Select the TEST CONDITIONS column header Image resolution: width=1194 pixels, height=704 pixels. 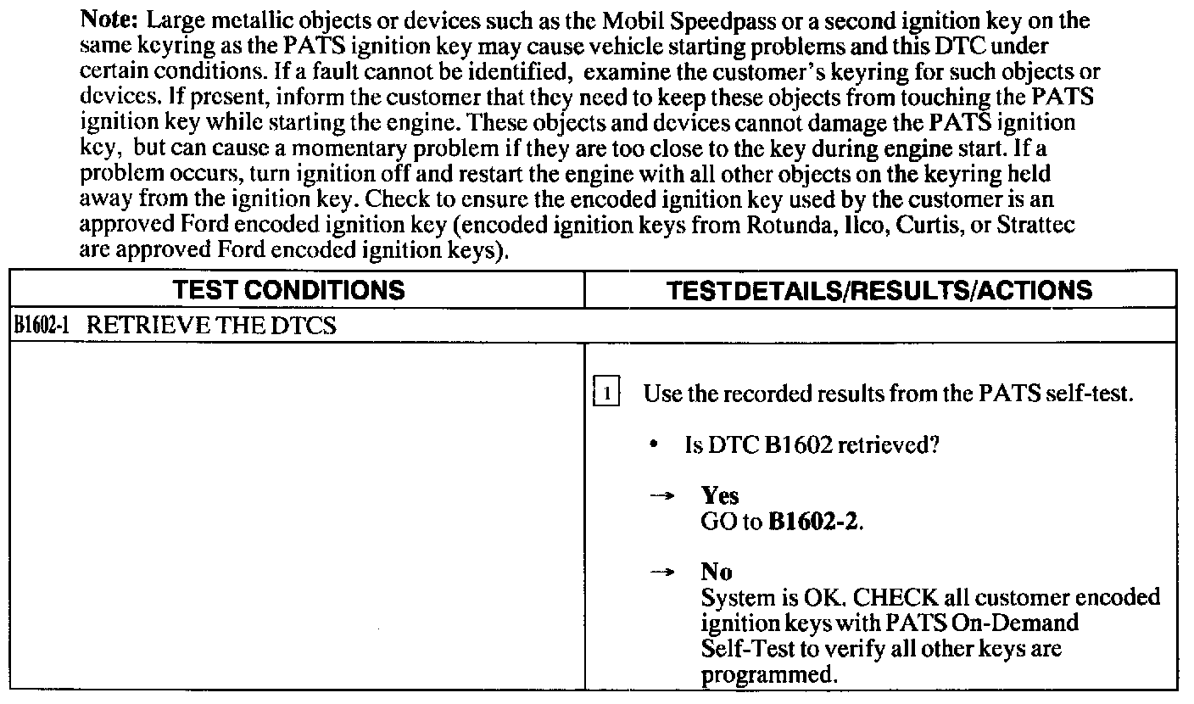[x=288, y=291]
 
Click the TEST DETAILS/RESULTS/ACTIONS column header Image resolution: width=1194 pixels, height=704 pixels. [x=879, y=291]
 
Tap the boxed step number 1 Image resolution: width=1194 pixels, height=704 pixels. [x=607, y=394]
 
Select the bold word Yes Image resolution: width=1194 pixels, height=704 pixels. [x=719, y=496]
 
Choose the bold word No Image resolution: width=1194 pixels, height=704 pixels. [x=717, y=572]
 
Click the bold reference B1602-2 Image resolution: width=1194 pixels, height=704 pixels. [x=814, y=521]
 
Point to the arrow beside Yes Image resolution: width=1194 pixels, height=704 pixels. [x=661, y=497]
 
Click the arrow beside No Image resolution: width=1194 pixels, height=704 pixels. [x=661, y=573]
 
